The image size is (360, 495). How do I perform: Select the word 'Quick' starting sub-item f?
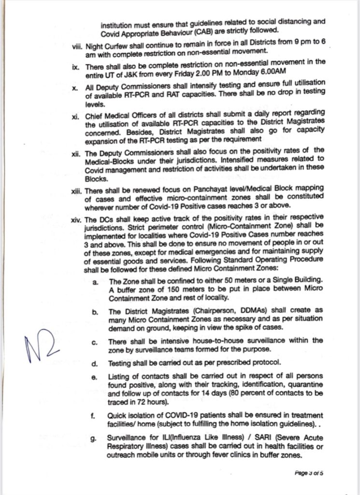pos(120,416)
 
